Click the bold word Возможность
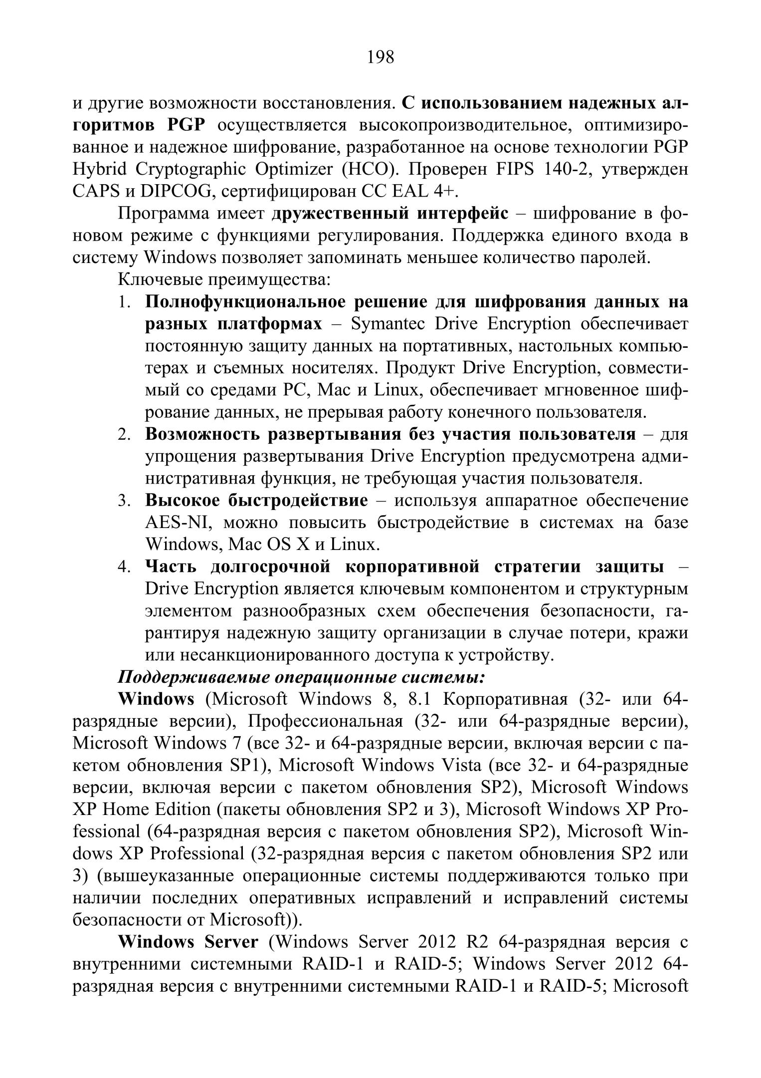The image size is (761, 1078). [x=201, y=434]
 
